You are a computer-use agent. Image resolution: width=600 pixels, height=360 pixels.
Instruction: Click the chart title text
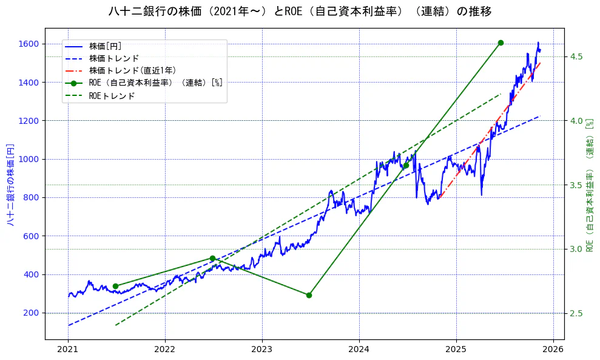pyautogui.click(x=300, y=11)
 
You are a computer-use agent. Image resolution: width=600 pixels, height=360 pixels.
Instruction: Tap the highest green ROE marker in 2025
pyautogui.click(x=501, y=42)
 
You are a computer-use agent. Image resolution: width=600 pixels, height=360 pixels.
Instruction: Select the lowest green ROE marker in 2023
pyautogui.click(x=309, y=295)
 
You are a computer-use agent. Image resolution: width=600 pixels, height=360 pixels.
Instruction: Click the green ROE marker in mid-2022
pyautogui.click(x=212, y=258)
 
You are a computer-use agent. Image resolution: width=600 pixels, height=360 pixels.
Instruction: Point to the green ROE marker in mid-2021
pyautogui.click(x=115, y=286)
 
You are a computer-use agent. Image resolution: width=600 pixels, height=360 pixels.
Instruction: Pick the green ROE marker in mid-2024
pyautogui.click(x=406, y=165)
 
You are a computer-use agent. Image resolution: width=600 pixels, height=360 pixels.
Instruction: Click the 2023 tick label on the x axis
pyautogui.click(x=262, y=350)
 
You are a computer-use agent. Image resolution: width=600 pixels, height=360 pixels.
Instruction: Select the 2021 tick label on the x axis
pyautogui.click(x=68, y=350)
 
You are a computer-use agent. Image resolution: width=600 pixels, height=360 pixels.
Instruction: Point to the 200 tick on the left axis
pyautogui.click(x=32, y=313)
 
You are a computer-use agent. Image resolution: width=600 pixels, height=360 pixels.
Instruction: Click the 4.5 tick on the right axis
pyautogui.click(x=576, y=56)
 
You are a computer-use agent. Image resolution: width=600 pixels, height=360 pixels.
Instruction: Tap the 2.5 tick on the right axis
pyautogui.click(x=576, y=313)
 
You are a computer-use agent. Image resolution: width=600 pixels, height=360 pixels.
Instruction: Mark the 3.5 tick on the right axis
pyautogui.click(x=576, y=185)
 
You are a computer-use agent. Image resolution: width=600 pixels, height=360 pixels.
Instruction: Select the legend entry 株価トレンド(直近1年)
pyautogui.click(x=132, y=70)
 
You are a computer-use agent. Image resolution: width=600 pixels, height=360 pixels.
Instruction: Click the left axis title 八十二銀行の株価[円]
pyautogui.click(x=10, y=185)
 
